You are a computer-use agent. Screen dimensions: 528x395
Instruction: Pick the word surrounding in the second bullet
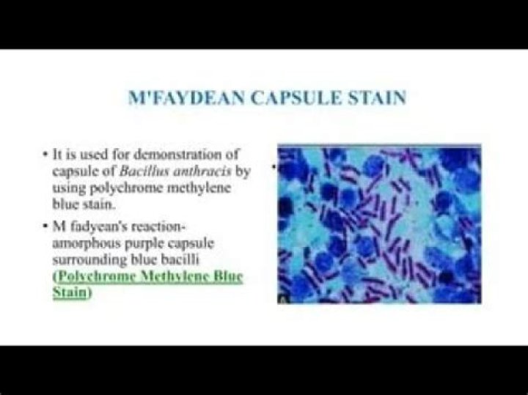pyautogui.click(x=89, y=260)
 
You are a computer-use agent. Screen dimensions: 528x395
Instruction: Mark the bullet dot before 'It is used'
pyautogui.click(x=45, y=155)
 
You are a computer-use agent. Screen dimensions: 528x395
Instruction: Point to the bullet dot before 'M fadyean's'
pyautogui.click(x=45, y=226)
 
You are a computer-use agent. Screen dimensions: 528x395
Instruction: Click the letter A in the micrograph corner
pyautogui.click(x=282, y=300)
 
